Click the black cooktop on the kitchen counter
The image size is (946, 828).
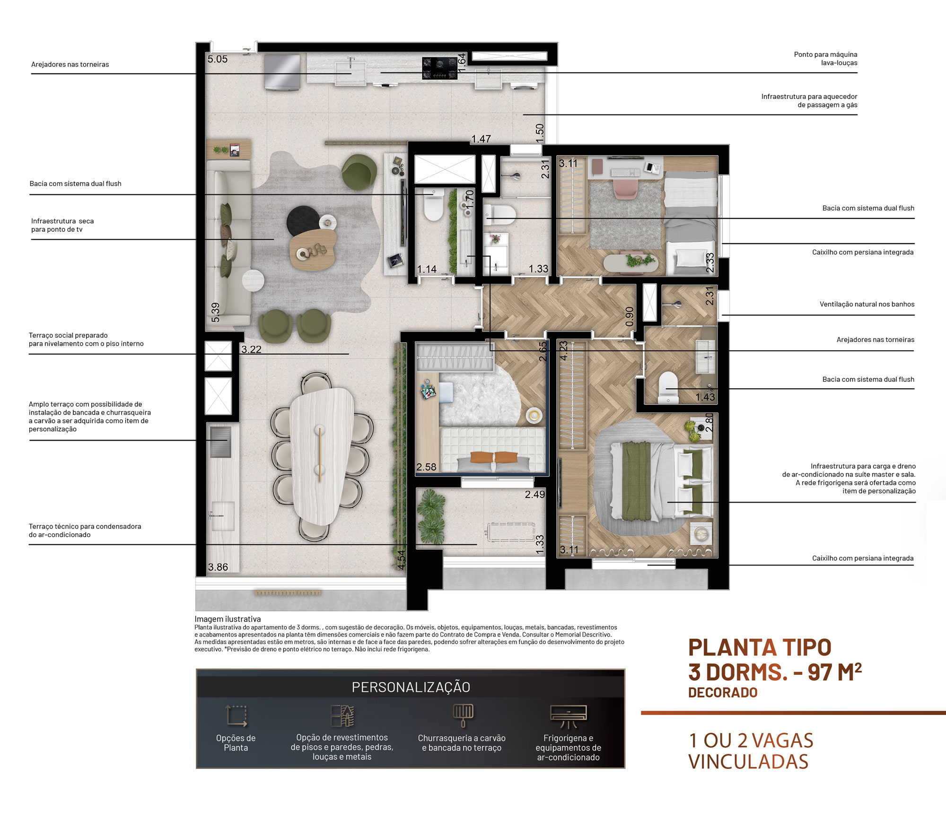440,68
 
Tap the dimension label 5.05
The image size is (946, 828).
218,60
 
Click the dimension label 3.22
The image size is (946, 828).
251,349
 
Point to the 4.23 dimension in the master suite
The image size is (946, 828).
564,351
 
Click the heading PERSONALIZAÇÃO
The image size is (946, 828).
411,687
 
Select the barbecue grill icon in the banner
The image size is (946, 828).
463,715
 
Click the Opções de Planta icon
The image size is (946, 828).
236,716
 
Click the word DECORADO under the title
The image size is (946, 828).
723,693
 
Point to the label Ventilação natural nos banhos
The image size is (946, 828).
867,305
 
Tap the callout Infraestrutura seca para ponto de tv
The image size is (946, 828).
62,225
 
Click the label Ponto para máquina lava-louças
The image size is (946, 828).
825,59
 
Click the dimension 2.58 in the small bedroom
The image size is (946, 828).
426,467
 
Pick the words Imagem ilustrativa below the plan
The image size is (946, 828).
228,619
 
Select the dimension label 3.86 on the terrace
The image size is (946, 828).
218,567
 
